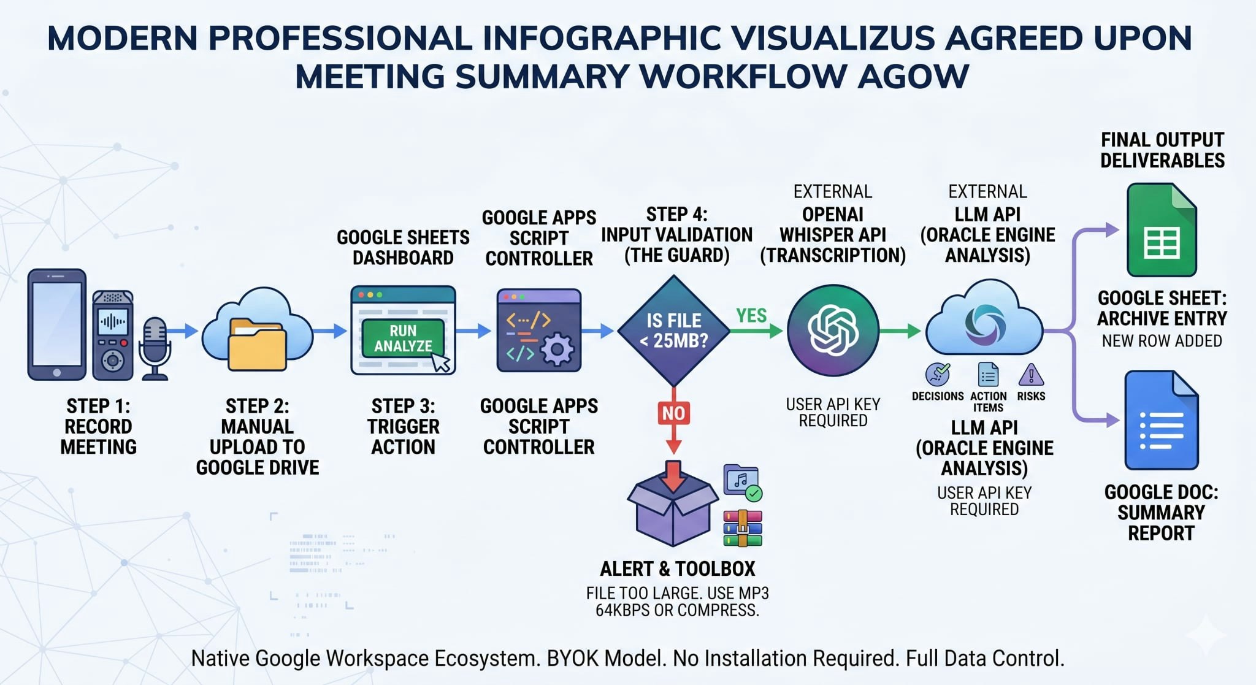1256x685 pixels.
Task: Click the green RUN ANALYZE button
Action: [x=403, y=338]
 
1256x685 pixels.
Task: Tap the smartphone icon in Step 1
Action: [x=57, y=324]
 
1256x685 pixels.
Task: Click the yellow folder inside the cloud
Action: [x=257, y=345]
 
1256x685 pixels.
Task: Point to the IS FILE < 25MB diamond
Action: [x=673, y=331]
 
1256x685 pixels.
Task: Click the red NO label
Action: [x=673, y=413]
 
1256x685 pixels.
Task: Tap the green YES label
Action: [x=751, y=315]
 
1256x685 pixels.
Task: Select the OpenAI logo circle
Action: [x=833, y=331]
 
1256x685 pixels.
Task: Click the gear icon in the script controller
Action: [x=557, y=350]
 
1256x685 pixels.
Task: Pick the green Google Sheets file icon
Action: [x=1162, y=229]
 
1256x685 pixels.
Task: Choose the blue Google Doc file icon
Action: [x=1162, y=420]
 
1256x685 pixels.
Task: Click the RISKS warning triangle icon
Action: [x=1031, y=374]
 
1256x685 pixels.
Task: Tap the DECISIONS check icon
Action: [x=937, y=374]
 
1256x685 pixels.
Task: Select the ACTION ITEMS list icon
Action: [x=988, y=375]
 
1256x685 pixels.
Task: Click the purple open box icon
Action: [x=673, y=504]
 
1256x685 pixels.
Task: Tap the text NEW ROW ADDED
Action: [x=1162, y=341]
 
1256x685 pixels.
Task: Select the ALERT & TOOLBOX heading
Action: [x=677, y=569]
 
